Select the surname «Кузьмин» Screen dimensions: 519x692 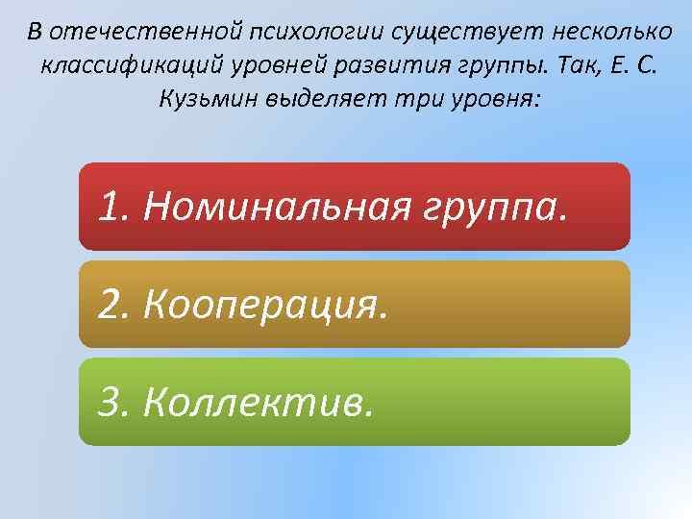pyautogui.click(x=206, y=100)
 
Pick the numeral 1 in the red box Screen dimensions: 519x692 pyautogui.click(x=109, y=205)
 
